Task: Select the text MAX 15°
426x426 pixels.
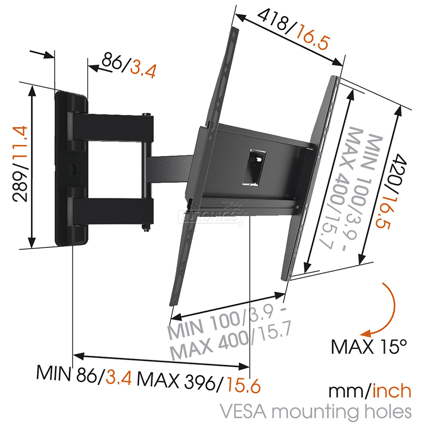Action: click(368, 346)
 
